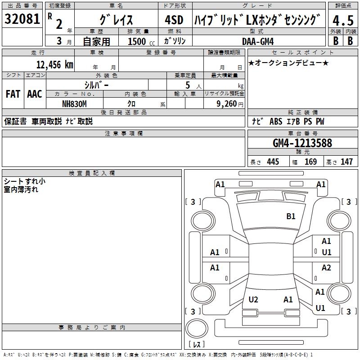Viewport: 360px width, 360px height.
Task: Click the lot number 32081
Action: point(22,19)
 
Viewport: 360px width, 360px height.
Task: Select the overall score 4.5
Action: point(343,20)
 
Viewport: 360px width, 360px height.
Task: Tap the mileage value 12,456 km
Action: point(55,65)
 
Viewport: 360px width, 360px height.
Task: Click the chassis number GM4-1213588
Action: point(302,143)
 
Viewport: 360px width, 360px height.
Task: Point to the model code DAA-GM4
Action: point(258,41)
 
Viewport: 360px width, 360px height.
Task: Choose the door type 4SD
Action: point(174,20)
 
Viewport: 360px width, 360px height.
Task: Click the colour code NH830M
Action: point(74,104)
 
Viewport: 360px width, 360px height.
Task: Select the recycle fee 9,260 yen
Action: point(230,104)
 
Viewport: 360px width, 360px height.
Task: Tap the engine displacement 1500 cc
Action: point(141,41)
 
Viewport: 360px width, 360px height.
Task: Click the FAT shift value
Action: point(13,94)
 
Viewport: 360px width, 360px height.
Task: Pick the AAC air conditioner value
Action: point(35,94)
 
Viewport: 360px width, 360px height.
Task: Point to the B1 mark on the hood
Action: point(291,216)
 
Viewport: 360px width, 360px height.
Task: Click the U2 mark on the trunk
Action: point(253,300)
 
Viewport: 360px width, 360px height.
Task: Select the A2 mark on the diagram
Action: point(326,268)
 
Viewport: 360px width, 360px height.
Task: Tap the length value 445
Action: point(273,162)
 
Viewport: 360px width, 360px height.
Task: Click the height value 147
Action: point(346,162)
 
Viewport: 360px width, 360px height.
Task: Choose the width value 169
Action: point(310,162)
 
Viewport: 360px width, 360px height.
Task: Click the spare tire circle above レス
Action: point(197,328)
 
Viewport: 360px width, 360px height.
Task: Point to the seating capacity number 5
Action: point(188,85)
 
